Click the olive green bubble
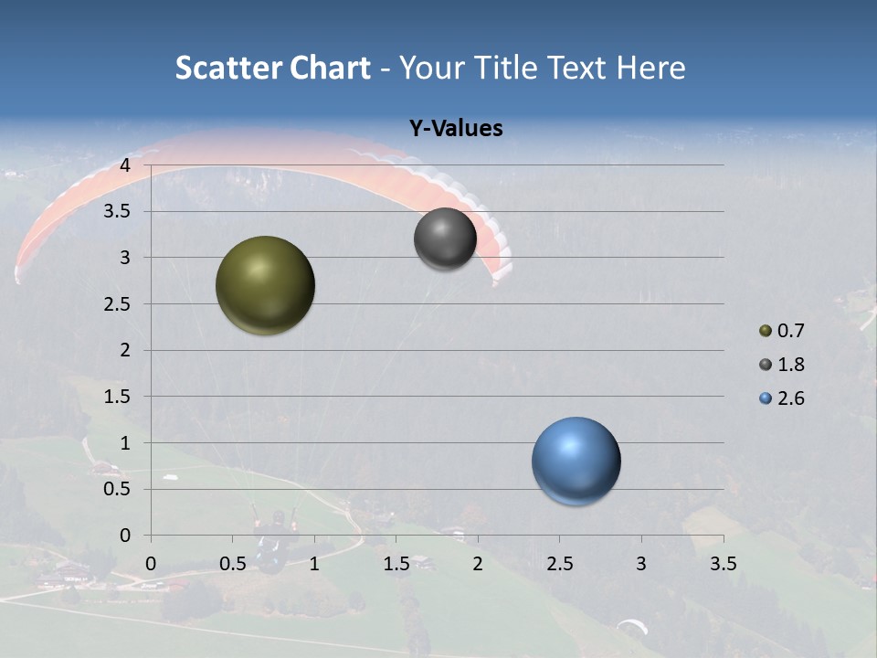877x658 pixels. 265,285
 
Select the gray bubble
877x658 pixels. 445,239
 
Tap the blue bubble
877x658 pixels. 576,461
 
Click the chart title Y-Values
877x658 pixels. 455,129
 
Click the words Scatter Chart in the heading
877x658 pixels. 272,68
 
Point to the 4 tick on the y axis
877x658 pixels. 125,165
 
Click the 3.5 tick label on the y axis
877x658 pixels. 118,212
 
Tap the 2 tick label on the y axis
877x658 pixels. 125,350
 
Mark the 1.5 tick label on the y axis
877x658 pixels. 118,397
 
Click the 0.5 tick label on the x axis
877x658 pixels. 233,564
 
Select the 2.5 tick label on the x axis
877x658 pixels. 560,564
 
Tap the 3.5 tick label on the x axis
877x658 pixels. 724,564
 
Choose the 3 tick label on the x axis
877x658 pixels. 641,564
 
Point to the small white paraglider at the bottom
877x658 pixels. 631,626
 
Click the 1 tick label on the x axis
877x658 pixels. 314,564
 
